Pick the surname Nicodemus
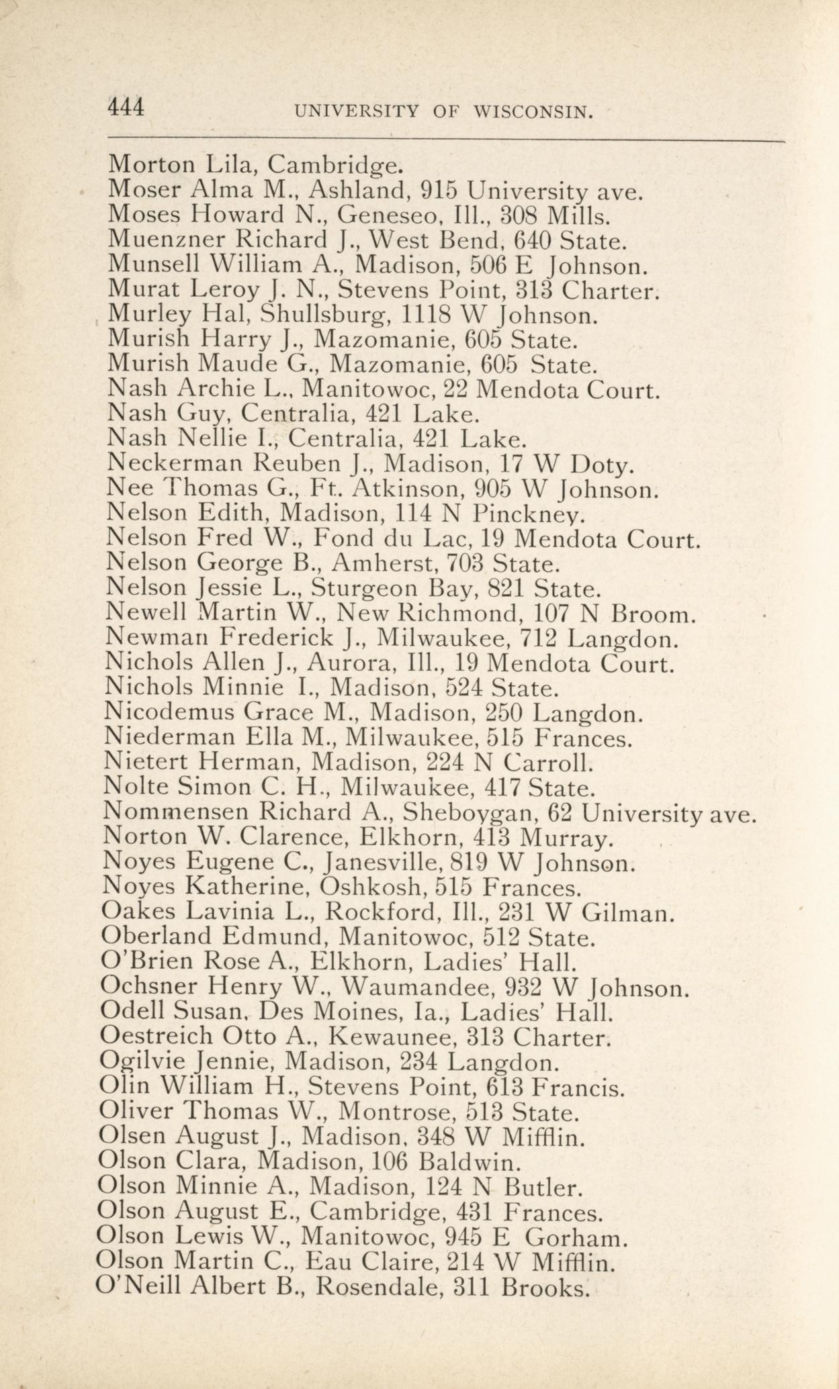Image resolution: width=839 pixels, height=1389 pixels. pyautogui.click(x=171, y=712)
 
